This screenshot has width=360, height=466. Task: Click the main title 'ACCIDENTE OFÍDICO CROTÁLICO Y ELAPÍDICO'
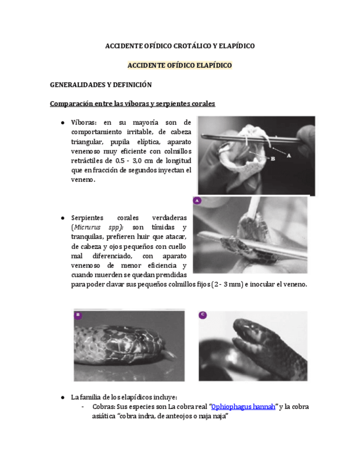pos(180,46)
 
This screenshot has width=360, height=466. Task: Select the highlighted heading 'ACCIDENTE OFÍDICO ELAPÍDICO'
pos(180,65)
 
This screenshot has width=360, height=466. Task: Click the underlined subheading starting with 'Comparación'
pos(132,103)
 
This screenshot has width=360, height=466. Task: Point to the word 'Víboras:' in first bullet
pos(84,122)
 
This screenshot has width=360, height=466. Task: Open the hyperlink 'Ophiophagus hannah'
pos(243,407)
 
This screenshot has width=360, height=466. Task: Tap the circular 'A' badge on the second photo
pos(197,201)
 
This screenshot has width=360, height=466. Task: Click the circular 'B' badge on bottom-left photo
pos(79,315)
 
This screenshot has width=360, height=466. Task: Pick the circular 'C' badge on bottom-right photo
pos(203,315)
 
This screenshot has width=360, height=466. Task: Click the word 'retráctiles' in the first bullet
pos(88,160)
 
